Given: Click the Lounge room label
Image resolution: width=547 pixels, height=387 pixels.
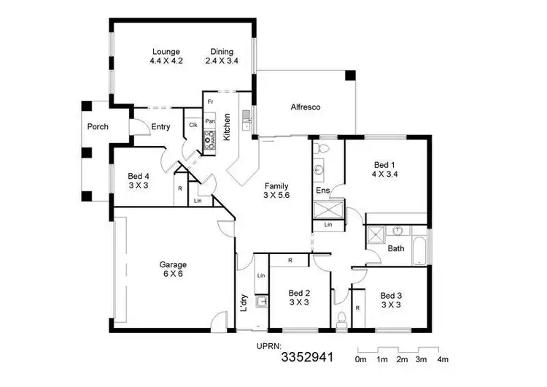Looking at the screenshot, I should [166, 56].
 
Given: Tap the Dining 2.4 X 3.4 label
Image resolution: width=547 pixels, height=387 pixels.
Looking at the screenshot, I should [222, 56].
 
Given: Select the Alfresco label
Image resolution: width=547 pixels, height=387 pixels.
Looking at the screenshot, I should [306, 107].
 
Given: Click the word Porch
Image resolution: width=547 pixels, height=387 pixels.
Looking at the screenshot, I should [98, 127].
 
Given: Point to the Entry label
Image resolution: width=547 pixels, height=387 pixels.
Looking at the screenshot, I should [160, 127].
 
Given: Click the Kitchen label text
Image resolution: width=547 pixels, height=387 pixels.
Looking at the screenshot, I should [228, 126].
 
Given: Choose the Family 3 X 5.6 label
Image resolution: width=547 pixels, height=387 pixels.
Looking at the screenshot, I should [276, 191].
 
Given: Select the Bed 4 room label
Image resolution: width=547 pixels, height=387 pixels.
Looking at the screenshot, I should [138, 180].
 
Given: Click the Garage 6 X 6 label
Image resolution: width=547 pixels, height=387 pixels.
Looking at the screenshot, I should [174, 269].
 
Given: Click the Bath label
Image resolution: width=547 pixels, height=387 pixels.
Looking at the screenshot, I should [396, 249].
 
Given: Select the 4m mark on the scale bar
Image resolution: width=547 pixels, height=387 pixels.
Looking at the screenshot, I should [443, 360].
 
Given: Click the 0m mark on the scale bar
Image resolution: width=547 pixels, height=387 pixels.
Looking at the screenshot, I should [360, 360].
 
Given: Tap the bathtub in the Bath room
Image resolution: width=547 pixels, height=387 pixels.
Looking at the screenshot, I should [421, 250].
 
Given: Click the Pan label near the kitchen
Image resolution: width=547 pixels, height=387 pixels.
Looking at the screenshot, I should [209, 121].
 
